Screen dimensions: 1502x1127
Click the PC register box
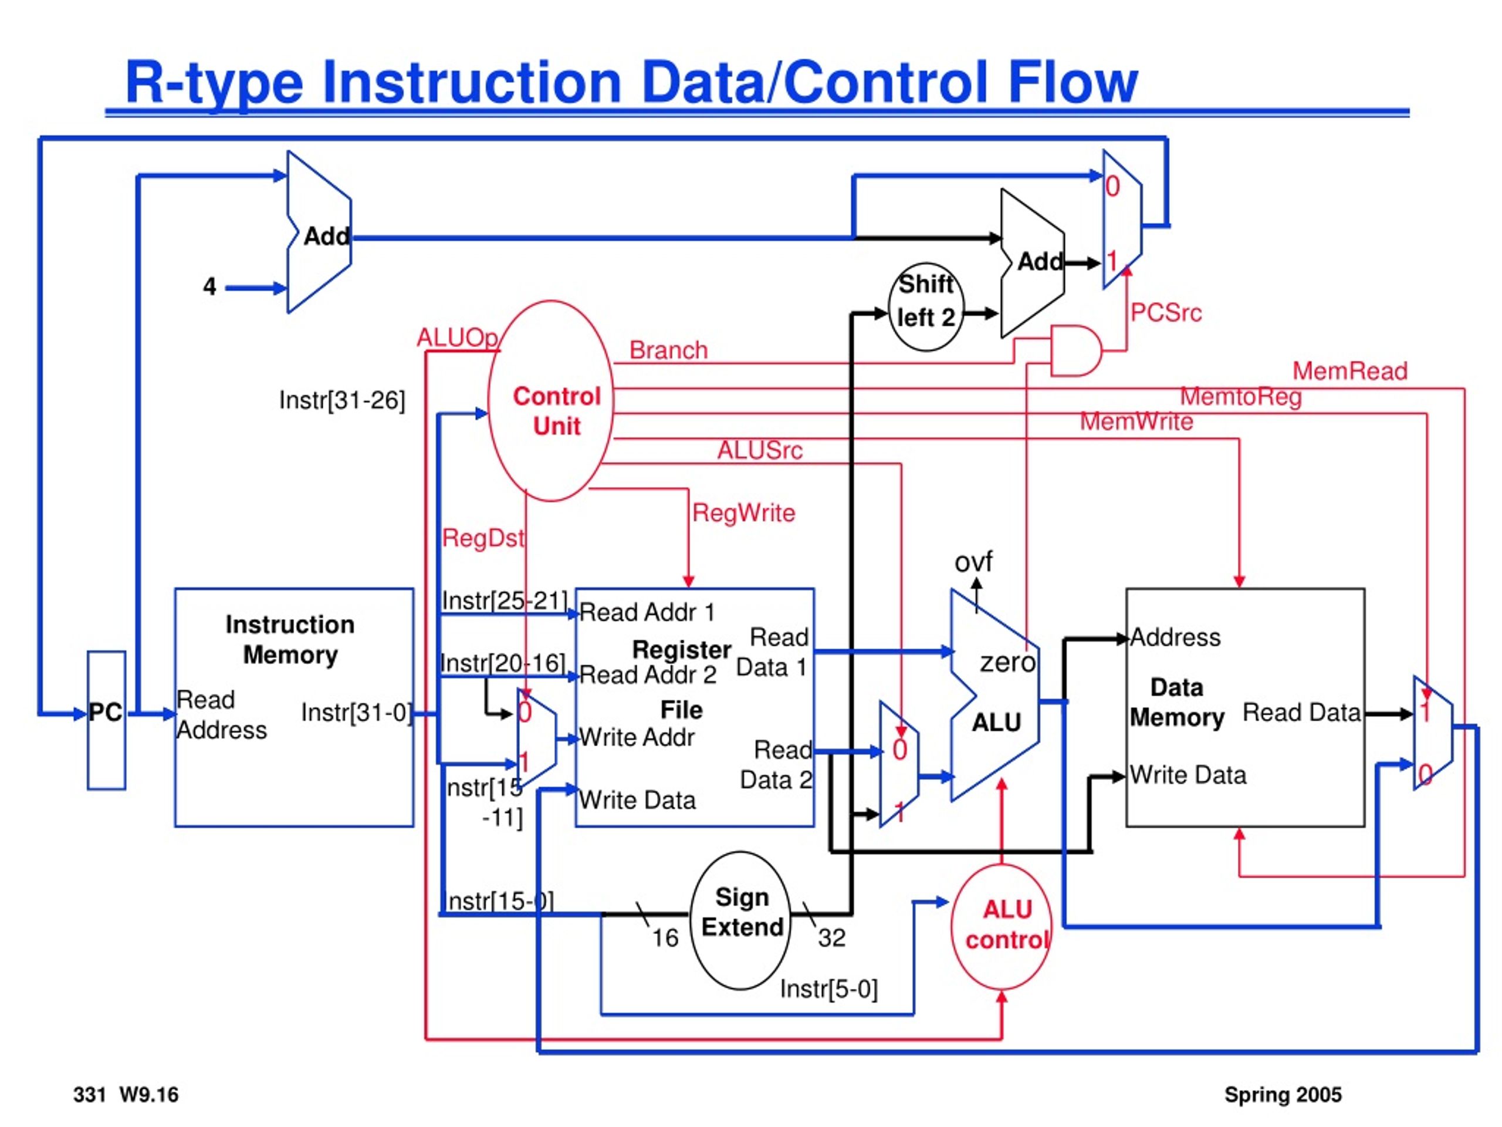[106, 720]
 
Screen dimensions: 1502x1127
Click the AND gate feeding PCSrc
[1076, 350]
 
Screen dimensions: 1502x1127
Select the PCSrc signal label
[1166, 313]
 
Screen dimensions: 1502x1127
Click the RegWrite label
[743, 513]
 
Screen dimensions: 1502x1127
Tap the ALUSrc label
[760, 450]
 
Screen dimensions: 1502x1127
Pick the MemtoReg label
[1240, 397]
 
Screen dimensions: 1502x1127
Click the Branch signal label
[668, 350]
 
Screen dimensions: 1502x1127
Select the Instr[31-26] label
[342, 401]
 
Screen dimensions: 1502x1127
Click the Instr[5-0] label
[828, 989]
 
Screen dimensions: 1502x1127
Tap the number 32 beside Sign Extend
[832, 938]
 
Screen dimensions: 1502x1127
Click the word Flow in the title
[1073, 82]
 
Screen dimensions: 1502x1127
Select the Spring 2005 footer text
[1283, 1095]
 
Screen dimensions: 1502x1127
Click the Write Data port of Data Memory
[1188, 775]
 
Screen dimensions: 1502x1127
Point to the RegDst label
[483, 539]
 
